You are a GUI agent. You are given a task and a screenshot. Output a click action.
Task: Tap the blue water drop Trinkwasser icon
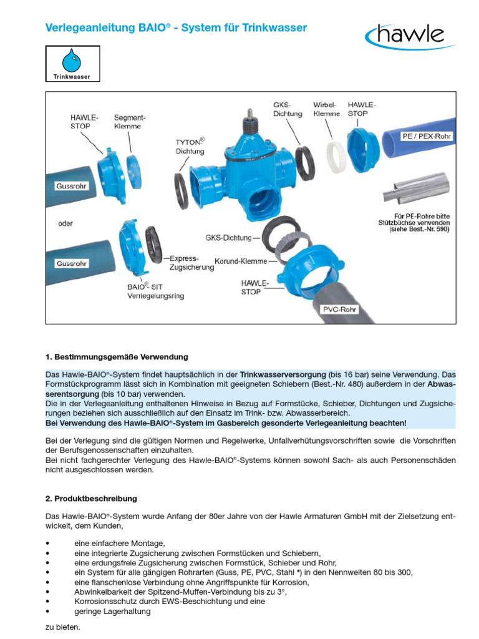(x=72, y=62)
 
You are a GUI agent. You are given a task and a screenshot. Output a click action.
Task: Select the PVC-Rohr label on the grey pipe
(x=339, y=310)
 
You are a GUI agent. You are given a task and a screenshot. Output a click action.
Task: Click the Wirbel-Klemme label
(x=327, y=109)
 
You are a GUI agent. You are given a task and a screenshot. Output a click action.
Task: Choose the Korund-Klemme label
(x=241, y=261)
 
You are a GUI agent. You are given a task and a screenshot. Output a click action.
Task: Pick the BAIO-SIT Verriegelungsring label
(x=156, y=291)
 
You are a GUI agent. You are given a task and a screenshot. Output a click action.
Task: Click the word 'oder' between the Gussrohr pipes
(x=65, y=223)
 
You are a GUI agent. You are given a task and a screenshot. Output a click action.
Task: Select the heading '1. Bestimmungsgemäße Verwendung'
(x=117, y=358)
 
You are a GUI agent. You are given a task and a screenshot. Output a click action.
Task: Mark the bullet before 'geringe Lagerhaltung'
(x=48, y=612)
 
